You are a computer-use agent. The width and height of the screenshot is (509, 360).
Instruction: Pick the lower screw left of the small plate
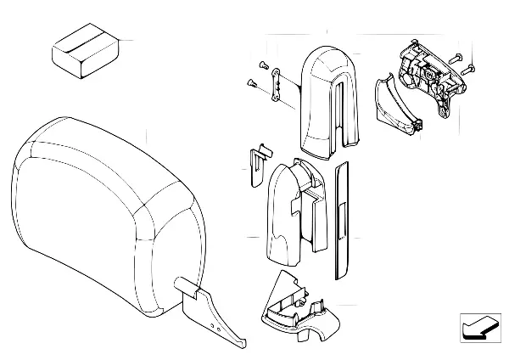tap(253, 82)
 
